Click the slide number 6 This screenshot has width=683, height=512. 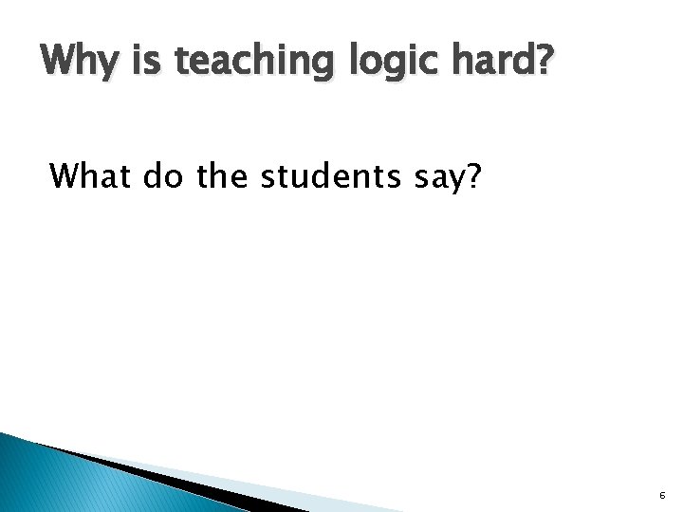[x=662, y=496]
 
